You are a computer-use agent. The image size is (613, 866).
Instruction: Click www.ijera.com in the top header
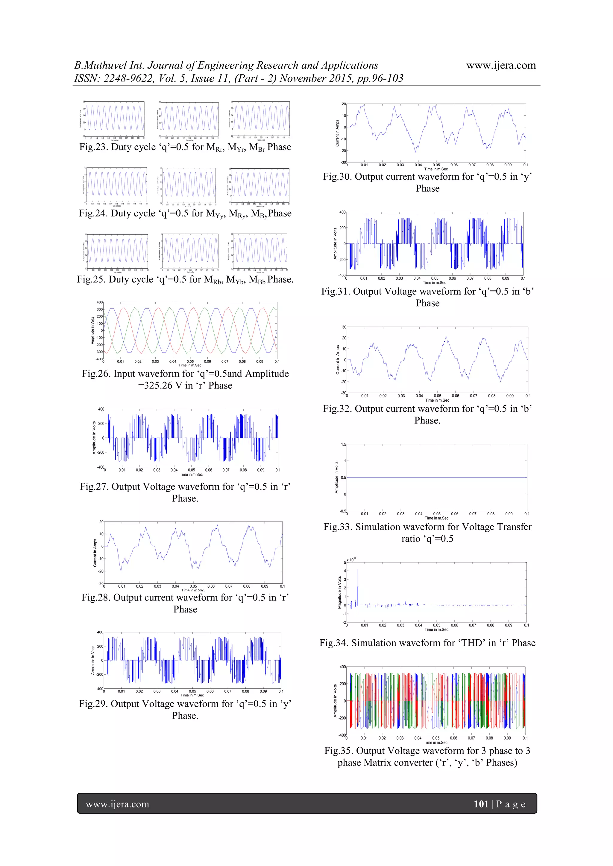[501, 65]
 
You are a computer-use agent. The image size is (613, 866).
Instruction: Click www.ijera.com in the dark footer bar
[117, 804]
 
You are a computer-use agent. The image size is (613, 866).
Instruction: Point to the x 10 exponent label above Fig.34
[351, 560]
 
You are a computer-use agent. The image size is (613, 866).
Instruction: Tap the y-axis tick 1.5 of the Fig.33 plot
[343, 445]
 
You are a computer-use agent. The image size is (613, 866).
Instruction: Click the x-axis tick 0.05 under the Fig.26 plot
[190, 361]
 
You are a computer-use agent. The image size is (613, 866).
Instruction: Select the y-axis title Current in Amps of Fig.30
[337, 133]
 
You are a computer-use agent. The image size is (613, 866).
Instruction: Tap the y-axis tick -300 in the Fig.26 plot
[99, 352]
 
